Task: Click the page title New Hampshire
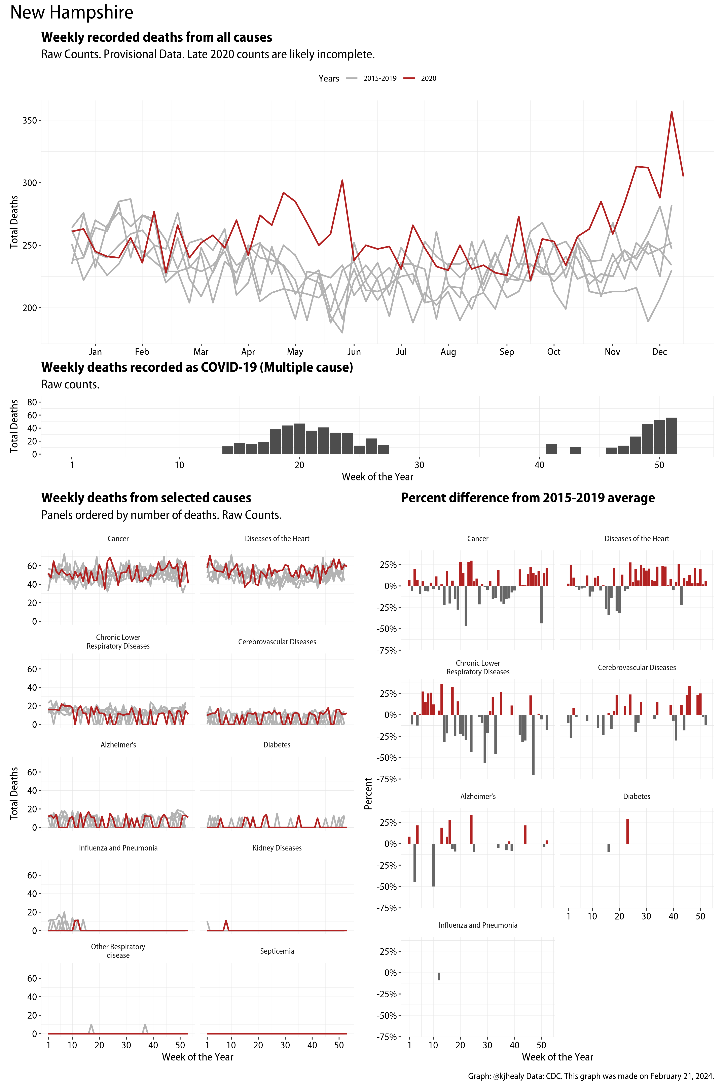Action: pos(72,12)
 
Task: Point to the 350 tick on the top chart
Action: pos(30,120)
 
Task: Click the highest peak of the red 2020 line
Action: pos(671,112)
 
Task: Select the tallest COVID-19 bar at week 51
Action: pos(671,436)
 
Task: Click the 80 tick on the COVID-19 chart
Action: pos(31,402)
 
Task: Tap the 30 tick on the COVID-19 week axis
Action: pos(419,465)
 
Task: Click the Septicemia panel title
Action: pos(277,951)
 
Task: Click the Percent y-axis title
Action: pos(368,793)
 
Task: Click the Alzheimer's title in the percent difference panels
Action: pos(478,796)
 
